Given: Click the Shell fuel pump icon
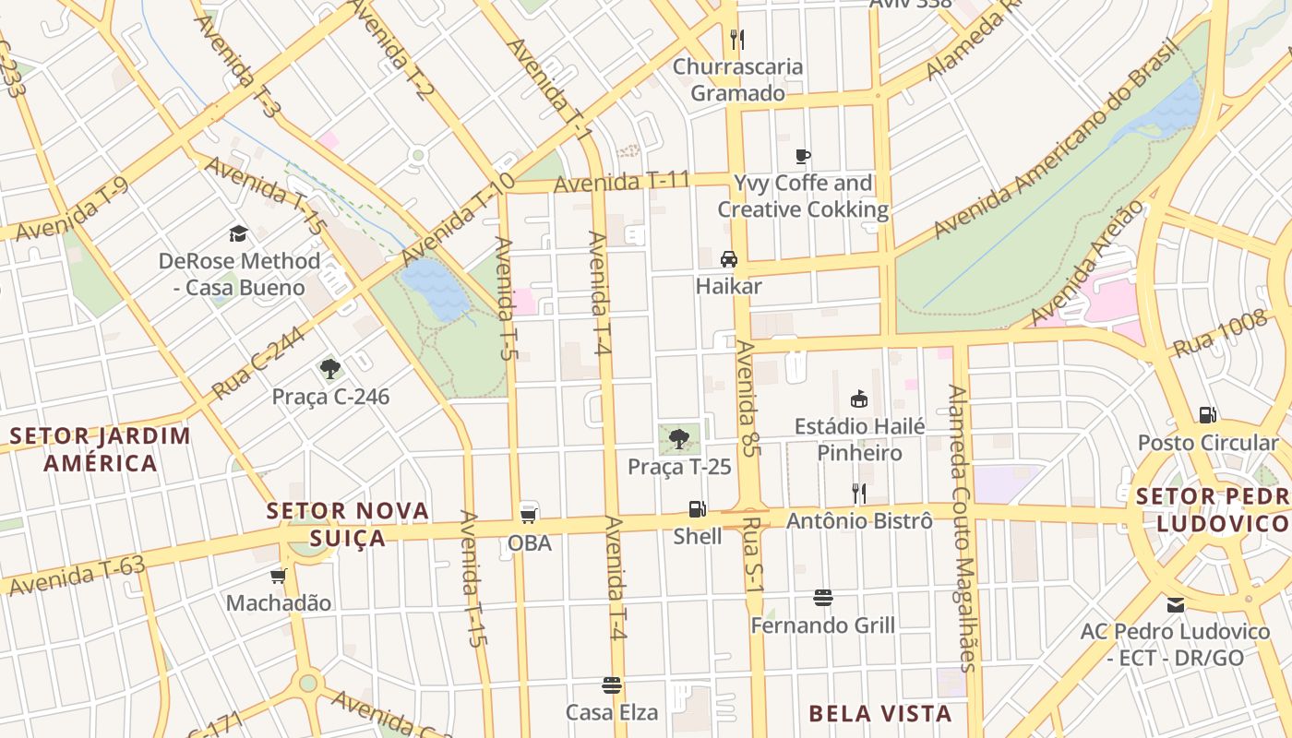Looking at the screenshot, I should pyautogui.click(x=697, y=509).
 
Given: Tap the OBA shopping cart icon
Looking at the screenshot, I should pyautogui.click(x=529, y=514).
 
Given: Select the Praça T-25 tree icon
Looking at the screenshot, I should pyautogui.click(x=679, y=439).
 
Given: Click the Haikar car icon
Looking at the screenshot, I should pyautogui.click(x=729, y=259).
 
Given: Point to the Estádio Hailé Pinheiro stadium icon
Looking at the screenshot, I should pyautogui.click(x=859, y=399).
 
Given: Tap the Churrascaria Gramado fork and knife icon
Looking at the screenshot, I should pyautogui.click(x=736, y=40).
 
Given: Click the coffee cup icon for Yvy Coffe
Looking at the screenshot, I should pyautogui.click(x=803, y=156).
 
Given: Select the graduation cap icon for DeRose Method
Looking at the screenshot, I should pyautogui.click(x=239, y=233).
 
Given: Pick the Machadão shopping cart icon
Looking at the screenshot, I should pyautogui.click(x=279, y=577).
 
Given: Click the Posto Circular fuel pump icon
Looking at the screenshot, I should pyautogui.click(x=1207, y=415).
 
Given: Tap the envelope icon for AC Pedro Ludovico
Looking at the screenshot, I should pyautogui.click(x=1176, y=605).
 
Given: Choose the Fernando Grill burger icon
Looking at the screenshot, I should pyautogui.click(x=823, y=598).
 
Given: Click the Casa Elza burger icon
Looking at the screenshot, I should pyautogui.click(x=611, y=685).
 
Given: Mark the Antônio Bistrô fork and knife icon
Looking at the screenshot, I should pyautogui.click(x=858, y=494).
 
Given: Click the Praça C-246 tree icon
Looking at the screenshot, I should pyautogui.click(x=330, y=369).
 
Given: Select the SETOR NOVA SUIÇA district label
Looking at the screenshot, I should pyautogui.click(x=348, y=524).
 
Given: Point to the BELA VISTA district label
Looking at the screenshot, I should pyautogui.click(x=879, y=713).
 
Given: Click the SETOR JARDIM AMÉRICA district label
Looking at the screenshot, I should pyautogui.click(x=101, y=449).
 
